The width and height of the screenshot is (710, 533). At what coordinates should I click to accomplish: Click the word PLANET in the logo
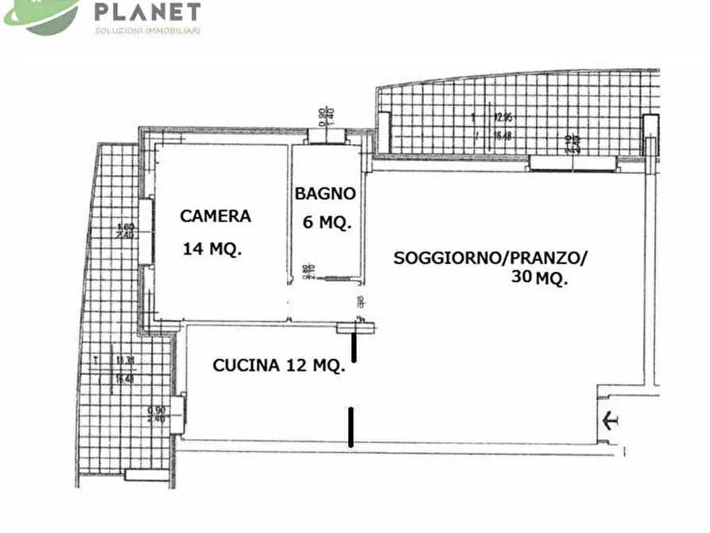point(147,12)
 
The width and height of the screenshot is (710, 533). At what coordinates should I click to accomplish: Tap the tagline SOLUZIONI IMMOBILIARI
point(147,31)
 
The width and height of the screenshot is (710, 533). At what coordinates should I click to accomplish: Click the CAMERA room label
point(215,216)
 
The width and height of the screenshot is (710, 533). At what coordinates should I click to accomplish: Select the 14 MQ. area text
point(212,248)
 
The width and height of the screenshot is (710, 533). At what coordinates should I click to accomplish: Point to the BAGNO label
point(325,193)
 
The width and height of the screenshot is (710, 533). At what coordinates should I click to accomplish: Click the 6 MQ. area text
point(327,223)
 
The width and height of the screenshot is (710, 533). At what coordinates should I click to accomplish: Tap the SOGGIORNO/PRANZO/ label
point(490,258)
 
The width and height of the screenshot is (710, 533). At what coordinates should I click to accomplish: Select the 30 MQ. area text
point(540,278)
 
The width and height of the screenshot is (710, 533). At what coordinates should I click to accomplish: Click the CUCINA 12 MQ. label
point(278,365)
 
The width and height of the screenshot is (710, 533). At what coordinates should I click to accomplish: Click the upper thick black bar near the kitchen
point(354,347)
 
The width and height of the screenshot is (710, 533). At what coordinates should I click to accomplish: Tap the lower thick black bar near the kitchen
point(351,426)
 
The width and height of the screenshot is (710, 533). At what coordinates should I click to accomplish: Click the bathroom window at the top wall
point(327,136)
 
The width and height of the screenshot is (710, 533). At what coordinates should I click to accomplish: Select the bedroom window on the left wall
point(146,231)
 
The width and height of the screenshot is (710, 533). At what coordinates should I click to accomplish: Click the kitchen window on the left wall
point(180,414)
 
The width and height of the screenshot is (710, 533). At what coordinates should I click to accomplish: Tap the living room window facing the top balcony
point(573,164)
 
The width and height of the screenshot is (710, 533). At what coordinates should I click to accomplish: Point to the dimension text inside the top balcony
point(501,126)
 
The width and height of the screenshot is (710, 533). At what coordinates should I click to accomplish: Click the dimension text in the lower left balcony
point(123,369)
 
